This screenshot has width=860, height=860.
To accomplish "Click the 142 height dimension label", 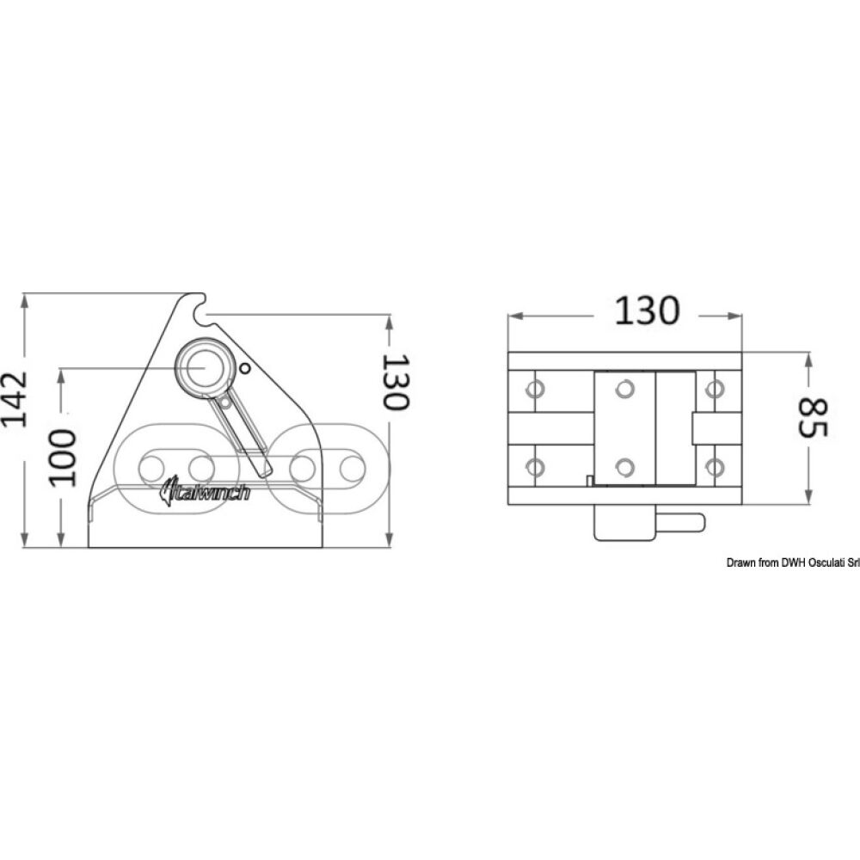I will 15,398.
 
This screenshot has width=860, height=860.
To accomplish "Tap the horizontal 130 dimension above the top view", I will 646,311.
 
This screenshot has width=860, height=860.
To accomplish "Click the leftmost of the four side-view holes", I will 151,468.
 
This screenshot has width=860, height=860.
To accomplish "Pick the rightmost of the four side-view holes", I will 350,468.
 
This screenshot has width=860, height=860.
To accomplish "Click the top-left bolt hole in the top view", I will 535,390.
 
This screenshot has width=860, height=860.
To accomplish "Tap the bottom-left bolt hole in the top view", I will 535,467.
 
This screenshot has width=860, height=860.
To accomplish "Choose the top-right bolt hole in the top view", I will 713,390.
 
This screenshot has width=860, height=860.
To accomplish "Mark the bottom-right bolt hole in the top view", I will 713,467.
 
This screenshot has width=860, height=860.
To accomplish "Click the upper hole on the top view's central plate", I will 624,390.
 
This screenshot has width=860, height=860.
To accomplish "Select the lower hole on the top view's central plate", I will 624,467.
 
